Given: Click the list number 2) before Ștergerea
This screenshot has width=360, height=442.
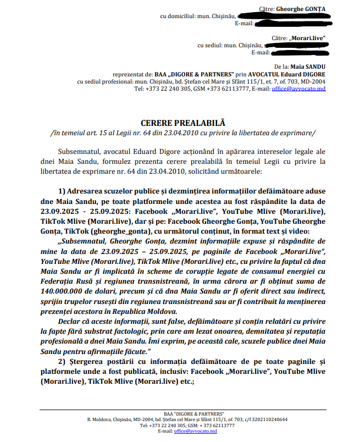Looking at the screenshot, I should tap(62, 360).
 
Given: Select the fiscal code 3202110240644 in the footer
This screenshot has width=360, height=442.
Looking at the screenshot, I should tap(267, 419).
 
